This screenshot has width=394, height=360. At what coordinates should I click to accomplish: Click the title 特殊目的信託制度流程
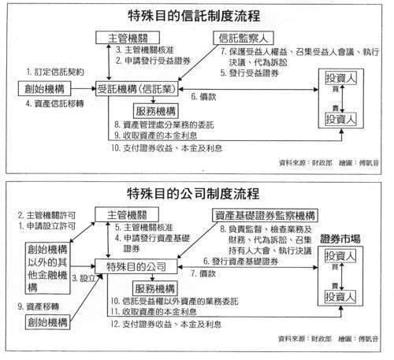[196, 15]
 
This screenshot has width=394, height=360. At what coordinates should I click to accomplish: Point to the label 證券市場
[347, 238]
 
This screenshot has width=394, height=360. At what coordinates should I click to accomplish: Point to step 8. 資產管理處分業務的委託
[177, 124]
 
